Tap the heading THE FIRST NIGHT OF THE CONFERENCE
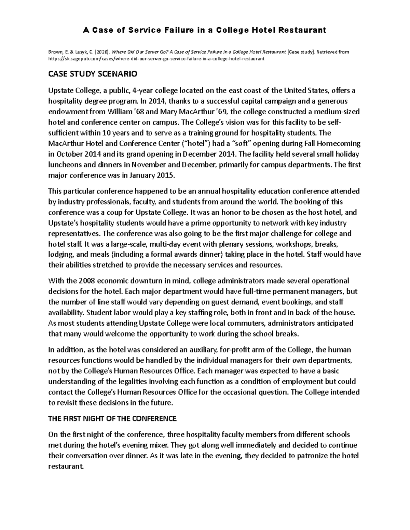click(x=112, y=418)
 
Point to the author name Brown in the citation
click(x=56, y=52)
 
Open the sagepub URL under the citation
click(x=156, y=59)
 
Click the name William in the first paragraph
click(x=120, y=112)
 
